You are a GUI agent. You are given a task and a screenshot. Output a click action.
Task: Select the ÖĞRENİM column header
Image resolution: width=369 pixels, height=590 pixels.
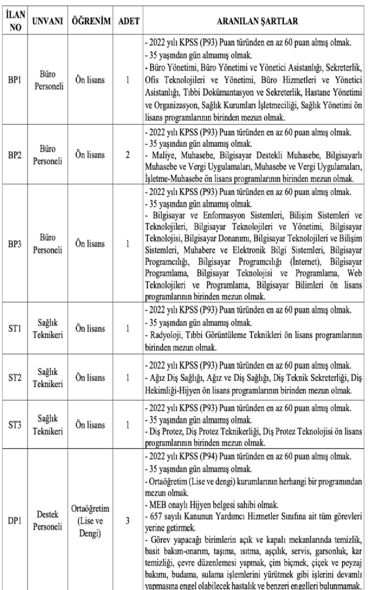pyautogui.click(x=90, y=21)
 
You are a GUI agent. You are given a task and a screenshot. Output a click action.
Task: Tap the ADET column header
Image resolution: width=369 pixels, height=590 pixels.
pyautogui.click(x=129, y=21)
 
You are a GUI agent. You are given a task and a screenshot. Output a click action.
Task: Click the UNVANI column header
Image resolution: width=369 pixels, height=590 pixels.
pyautogui.click(x=48, y=21)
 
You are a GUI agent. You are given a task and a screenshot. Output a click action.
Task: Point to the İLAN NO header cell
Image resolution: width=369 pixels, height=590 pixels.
pyautogui.click(x=15, y=21)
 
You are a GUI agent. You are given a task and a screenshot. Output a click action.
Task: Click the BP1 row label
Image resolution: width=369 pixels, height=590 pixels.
pyautogui.click(x=15, y=80)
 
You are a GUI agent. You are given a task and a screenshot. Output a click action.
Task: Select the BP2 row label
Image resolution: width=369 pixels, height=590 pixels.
pyautogui.click(x=15, y=155)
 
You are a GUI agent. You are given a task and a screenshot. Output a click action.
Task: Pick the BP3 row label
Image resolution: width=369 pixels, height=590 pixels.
pyautogui.click(x=15, y=244)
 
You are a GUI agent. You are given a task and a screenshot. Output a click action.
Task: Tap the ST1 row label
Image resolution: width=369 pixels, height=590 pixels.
pyautogui.click(x=15, y=329)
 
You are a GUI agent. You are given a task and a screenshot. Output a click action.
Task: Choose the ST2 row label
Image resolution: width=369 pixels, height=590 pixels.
pyautogui.click(x=15, y=378)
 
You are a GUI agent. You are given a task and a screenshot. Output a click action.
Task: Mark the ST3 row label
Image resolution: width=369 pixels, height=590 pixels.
pyautogui.click(x=15, y=425)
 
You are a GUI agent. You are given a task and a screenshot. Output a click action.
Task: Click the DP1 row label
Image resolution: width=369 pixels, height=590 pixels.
pyautogui.click(x=15, y=521)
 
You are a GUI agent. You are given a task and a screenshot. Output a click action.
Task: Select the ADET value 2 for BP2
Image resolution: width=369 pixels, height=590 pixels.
pyautogui.click(x=128, y=155)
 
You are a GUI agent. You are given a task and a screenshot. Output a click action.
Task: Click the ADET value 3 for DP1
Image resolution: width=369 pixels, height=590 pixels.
pyautogui.click(x=128, y=521)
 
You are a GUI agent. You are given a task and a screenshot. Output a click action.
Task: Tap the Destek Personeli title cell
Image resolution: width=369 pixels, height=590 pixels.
pyautogui.click(x=48, y=521)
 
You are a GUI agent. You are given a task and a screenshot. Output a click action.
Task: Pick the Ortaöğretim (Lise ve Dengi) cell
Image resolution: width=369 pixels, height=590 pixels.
pyautogui.click(x=90, y=521)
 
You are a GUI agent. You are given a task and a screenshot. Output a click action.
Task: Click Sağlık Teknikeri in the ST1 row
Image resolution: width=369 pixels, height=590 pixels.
pyautogui.click(x=48, y=329)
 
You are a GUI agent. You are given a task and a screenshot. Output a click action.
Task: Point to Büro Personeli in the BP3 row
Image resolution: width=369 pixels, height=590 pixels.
pyautogui.click(x=48, y=244)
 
